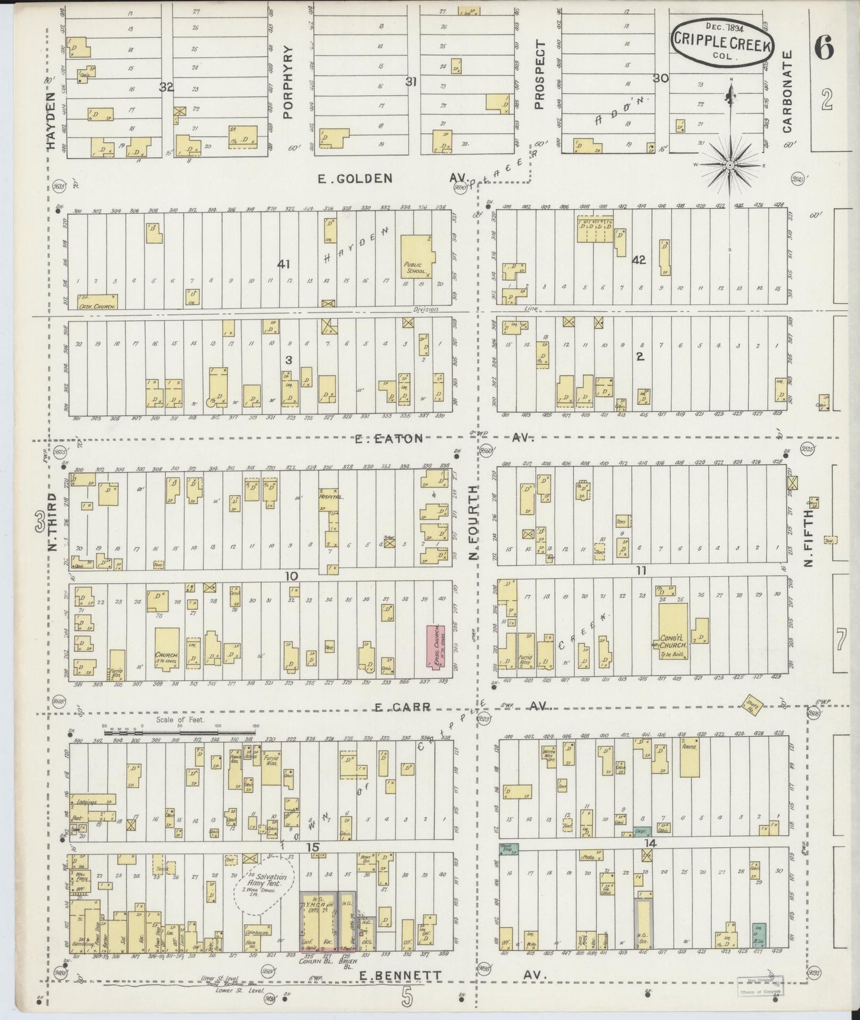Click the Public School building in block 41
tap(417, 256)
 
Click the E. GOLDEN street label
tap(356, 178)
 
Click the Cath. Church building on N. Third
tap(96, 302)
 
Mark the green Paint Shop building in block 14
tap(509, 850)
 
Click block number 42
tap(639, 260)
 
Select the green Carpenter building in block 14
tap(642, 832)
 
